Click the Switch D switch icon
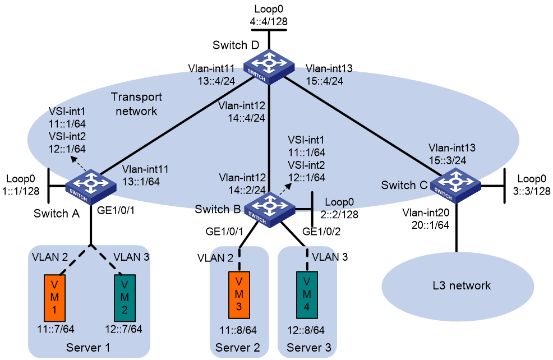[x=269, y=67]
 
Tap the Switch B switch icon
[x=269, y=210]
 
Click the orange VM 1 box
[x=54, y=298]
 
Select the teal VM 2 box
[x=125, y=298]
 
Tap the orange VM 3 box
[x=239, y=295]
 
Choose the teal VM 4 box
[x=307, y=295]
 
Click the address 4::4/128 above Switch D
[x=269, y=21]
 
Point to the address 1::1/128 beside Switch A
[x=21, y=191]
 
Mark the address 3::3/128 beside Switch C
[x=532, y=191]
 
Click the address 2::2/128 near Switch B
[x=339, y=214]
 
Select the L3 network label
[x=462, y=285]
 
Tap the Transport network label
[x=136, y=104]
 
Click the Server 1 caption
[x=88, y=348]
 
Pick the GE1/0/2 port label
[x=321, y=231]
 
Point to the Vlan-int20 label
[x=426, y=213]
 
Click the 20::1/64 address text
[x=430, y=225]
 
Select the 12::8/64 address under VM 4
[x=306, y=330]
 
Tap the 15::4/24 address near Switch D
[x=325, y=81]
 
